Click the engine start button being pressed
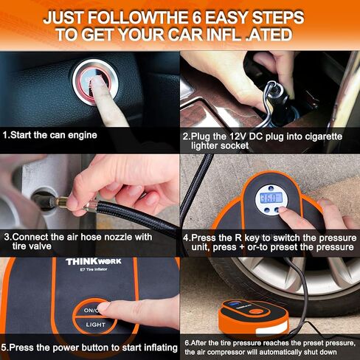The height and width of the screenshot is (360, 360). point(95,83)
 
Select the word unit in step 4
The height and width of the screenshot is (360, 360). point(201,247)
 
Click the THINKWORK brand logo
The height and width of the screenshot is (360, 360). point(94,261)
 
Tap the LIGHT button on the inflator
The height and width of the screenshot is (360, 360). point(95,325)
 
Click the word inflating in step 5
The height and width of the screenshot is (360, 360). point(161,348)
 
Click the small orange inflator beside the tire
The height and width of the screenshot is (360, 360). point(254,316)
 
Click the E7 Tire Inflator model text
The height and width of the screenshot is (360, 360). point(94,269)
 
